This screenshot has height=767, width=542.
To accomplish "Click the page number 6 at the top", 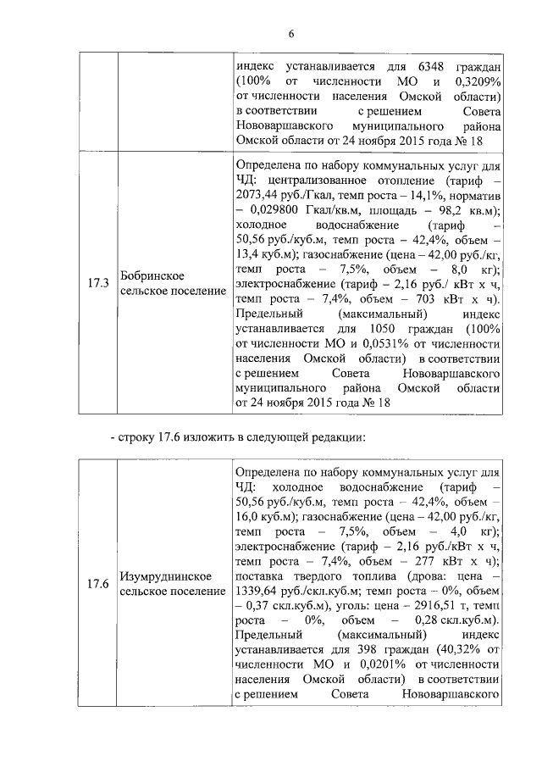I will coord(290,34).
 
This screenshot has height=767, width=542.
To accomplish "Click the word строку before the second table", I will coord(143,437).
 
